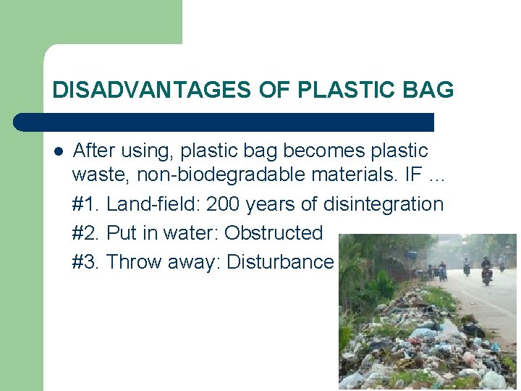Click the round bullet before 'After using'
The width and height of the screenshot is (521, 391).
click(58, 151)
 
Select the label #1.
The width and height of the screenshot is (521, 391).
click(86, 205)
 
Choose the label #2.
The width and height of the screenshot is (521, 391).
click(86, 233)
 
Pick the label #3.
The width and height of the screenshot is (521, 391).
click(86, 261)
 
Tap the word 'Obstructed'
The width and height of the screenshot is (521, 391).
click(274, 233)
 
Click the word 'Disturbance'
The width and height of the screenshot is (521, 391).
click(280, 261)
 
